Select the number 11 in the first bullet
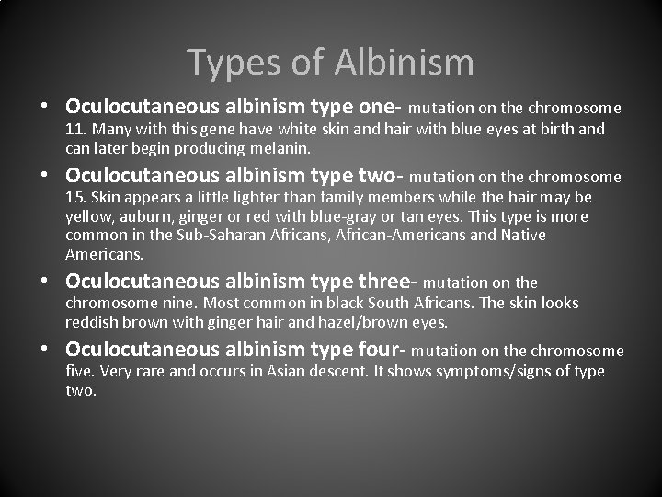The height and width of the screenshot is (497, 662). tap(74, 129)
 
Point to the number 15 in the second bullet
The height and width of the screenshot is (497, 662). tap(74, 198)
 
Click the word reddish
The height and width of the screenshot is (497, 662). tap(94, 321)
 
